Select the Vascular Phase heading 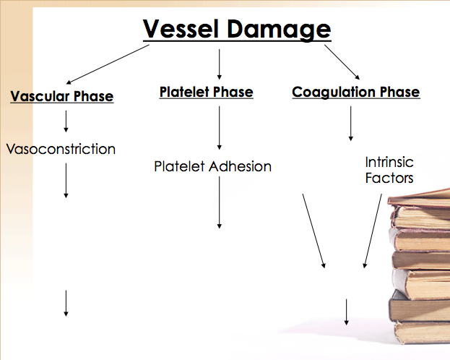(x=62, y=96)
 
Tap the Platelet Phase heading (x=206, y=92)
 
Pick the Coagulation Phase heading (x=355, y=92)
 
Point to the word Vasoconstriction (x=61, y=150)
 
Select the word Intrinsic (x=389, y=162)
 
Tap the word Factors (x=389, y=178)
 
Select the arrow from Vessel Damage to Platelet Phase (x=219, y=64)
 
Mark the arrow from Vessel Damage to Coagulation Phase (x=342, y=62)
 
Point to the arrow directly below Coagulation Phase (x=351, y=124)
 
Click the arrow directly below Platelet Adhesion (x=219, y=202)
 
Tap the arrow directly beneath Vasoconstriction (x=66, y=180)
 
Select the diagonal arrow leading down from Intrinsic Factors (x=373, y=231)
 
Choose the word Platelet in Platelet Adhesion (x=180, y=166)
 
